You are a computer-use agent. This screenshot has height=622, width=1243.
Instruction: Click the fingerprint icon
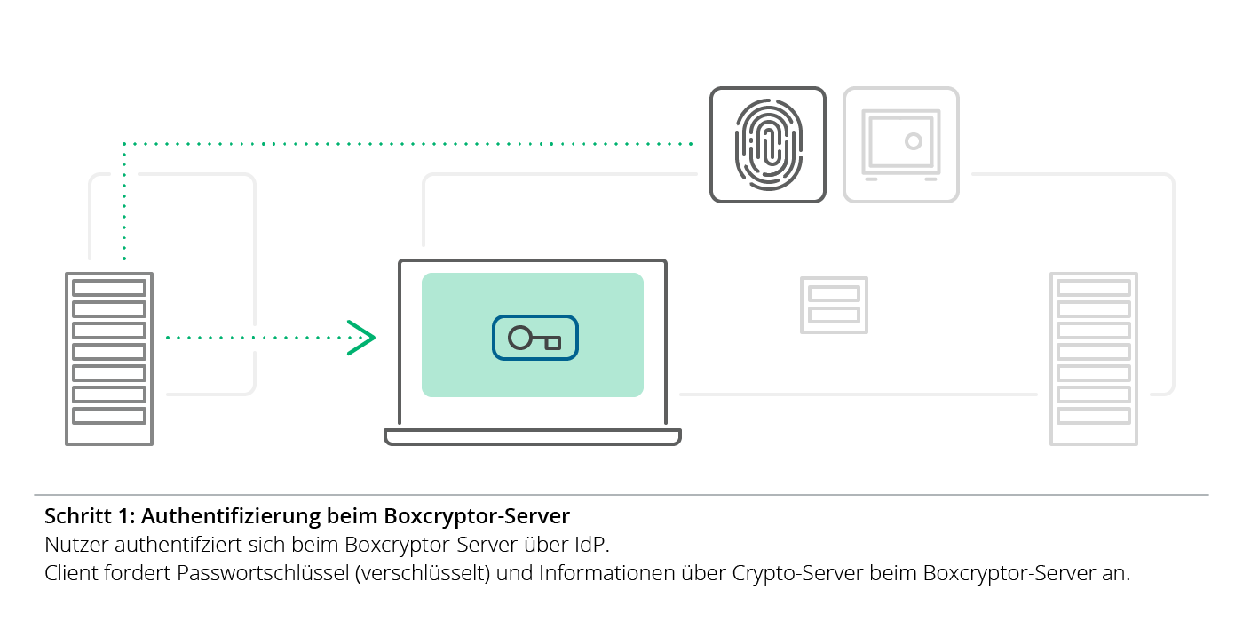coord(768,145)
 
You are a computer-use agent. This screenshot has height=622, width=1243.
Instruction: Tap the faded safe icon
coord(901,145)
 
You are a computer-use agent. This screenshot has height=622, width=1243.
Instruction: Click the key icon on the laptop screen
coord(535,339)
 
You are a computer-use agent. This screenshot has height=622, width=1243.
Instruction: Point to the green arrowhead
coord(361,338)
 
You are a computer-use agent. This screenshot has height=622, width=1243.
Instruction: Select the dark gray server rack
coord(109,358)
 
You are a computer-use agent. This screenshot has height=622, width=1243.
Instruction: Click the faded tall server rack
coord(1094,358)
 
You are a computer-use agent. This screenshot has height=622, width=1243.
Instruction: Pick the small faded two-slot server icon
coord(834,305)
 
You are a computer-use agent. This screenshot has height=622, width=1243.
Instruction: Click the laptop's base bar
coord(533,436)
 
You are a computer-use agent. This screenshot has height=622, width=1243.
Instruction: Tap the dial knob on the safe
coord(913,140)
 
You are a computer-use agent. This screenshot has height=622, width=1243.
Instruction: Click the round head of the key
coord(519,338)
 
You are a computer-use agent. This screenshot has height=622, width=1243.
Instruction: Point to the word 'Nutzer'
coord(73,544)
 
